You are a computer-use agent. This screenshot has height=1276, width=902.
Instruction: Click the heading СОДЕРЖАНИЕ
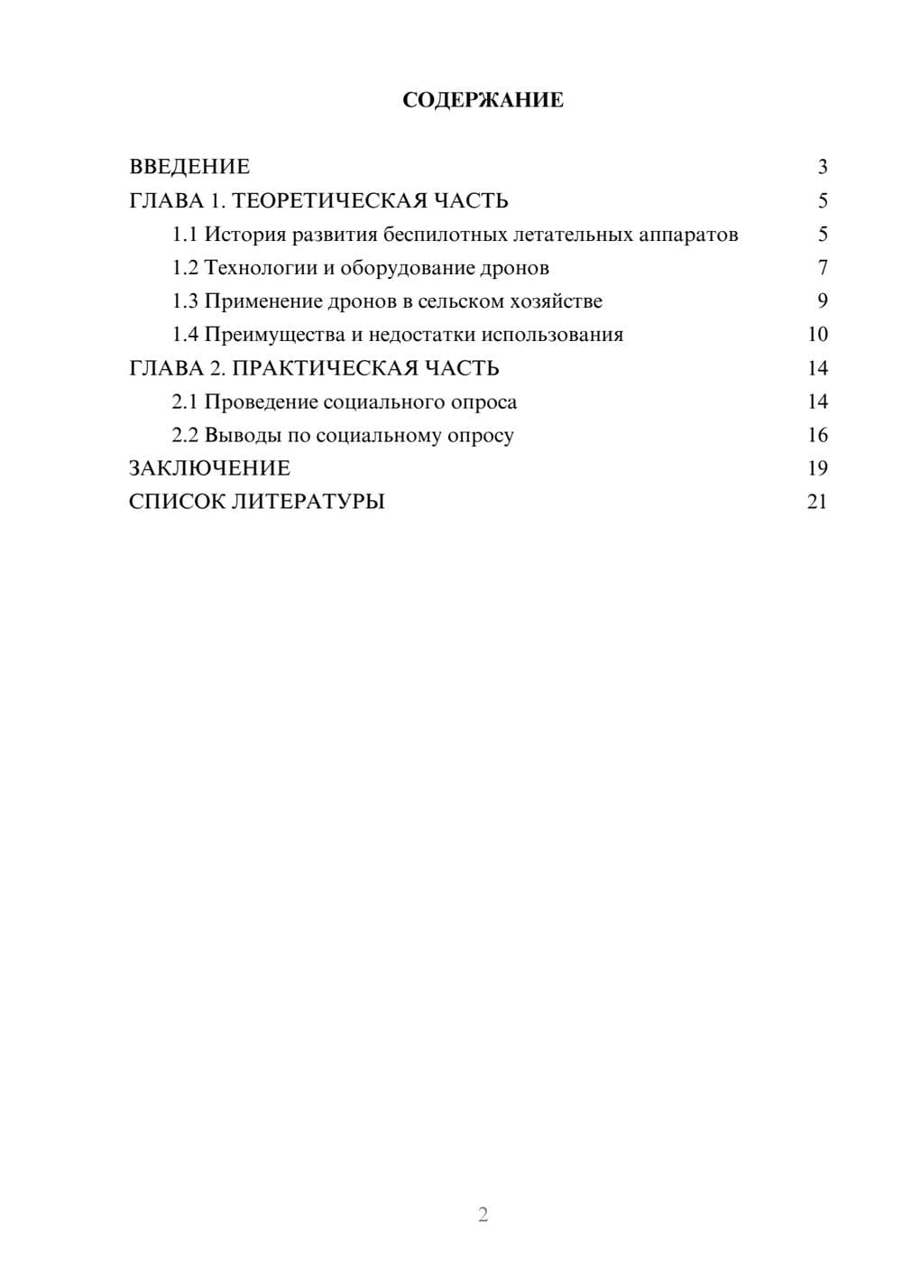(483, 100)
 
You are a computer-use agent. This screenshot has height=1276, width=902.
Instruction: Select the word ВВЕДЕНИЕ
(189, 167)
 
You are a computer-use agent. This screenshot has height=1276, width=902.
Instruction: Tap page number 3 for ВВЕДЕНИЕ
(822, 167)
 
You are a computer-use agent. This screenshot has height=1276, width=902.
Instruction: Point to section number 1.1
(184, 235)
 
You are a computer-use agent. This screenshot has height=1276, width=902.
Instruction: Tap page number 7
(822, 268)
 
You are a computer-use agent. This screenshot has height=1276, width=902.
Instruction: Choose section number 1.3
(184, 301)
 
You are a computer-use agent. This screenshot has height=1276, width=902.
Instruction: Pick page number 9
(822, 301)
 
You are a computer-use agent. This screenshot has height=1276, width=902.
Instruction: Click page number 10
(817, 335)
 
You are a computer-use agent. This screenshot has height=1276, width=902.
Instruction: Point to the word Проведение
(261, 402)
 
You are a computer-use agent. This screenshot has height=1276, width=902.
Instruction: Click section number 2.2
(184, 436)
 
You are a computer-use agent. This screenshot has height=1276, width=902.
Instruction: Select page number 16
(817, 436)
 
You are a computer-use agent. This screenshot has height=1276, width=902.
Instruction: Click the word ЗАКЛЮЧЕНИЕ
(209, 468)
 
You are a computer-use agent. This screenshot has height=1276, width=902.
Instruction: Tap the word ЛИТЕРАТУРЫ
(308, 502)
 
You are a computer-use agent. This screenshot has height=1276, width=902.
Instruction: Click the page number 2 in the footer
(483, 1215)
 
